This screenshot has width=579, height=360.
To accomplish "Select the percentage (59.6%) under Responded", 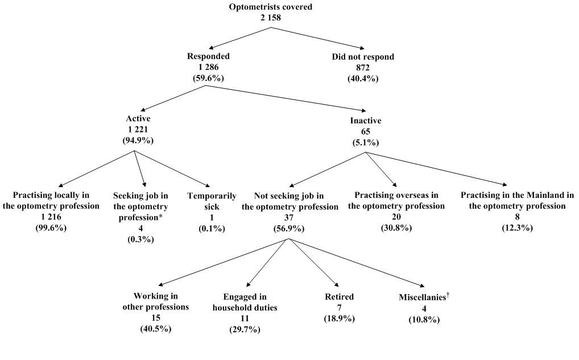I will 209,78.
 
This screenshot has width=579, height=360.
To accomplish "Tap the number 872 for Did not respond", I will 362,68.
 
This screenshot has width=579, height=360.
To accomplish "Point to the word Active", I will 138,119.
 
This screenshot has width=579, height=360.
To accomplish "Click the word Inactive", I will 366,121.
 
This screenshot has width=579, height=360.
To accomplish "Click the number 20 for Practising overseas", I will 396,217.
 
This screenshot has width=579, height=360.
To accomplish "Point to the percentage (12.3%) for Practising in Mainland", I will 518,228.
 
